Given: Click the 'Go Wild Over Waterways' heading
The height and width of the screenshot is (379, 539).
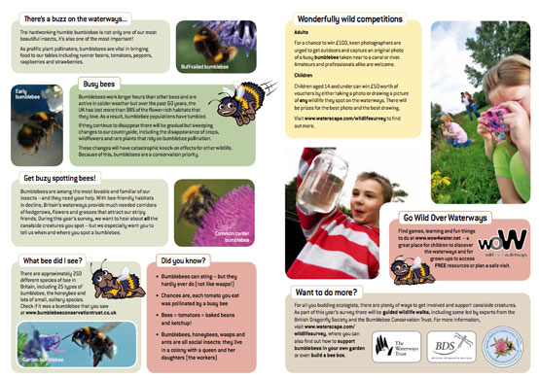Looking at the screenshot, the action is (x=455, y=218).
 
